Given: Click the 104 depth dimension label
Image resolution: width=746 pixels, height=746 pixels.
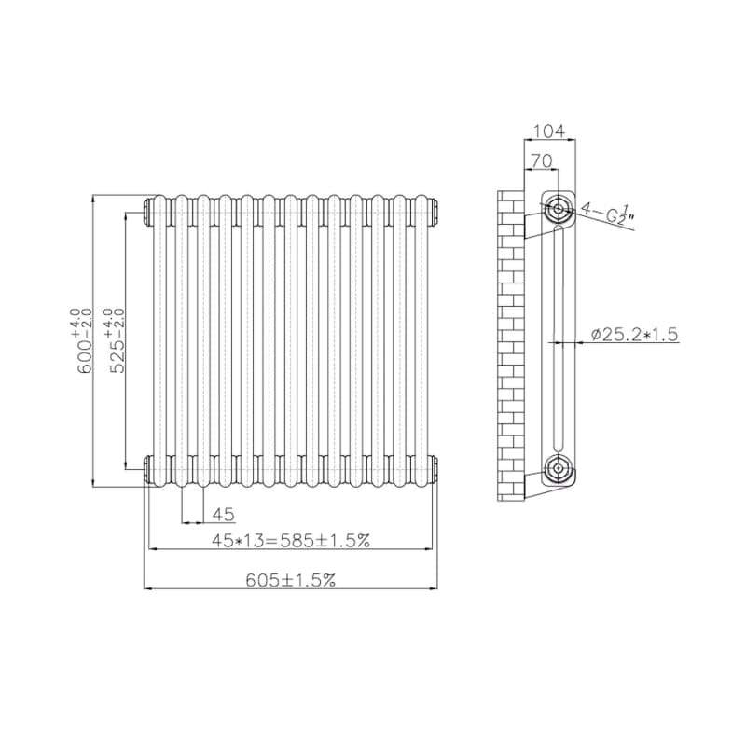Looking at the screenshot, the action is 549,131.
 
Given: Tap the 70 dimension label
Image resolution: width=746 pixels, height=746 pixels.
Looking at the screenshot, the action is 542,160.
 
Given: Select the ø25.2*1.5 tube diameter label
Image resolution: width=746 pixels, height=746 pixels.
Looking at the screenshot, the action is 635,334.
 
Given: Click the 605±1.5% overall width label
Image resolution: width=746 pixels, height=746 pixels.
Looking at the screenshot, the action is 291,580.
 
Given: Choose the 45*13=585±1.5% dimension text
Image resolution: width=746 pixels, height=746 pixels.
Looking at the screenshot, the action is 291,541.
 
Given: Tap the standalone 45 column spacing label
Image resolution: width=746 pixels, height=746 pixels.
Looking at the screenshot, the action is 223,515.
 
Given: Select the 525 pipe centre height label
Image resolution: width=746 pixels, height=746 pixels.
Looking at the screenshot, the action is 117,340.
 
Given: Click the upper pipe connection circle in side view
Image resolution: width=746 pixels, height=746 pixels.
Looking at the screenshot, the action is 557,208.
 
